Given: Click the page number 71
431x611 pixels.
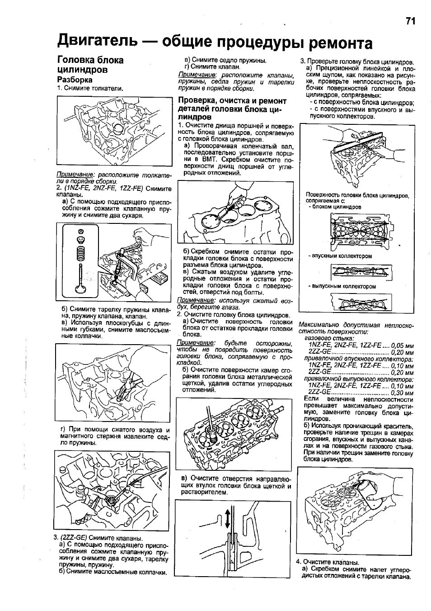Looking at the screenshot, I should click(410, 21).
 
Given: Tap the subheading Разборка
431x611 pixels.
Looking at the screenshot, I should click(75, 80).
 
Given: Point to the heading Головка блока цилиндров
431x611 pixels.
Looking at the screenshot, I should click(90, 65).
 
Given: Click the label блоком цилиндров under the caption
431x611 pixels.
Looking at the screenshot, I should click(340, 207).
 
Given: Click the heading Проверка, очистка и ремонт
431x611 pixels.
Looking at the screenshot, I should click(232, 101).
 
